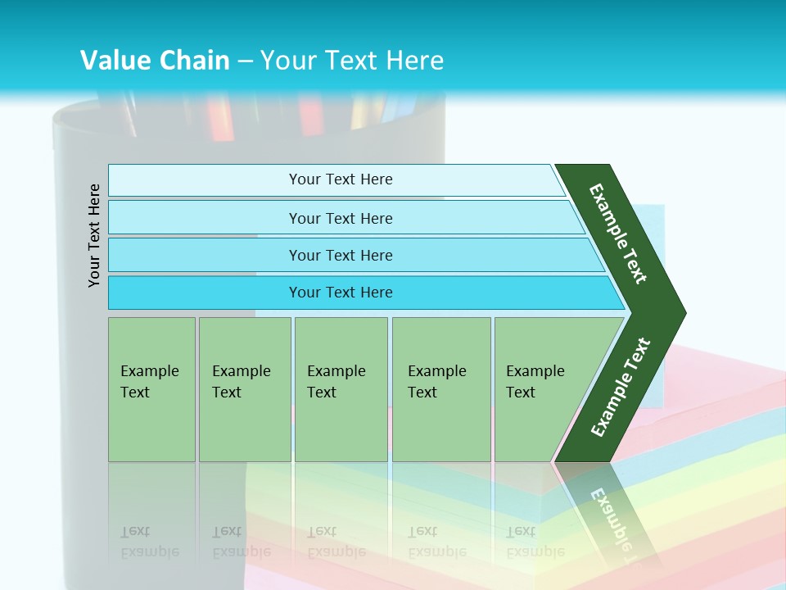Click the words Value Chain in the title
[x=155, y=60]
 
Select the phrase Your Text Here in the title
[x=352, y=60]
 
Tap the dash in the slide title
[x=245, y=61]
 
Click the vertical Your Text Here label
[x=95, y=235]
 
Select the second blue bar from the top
[x=341, y=218]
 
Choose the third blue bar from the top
[x=341, y=255]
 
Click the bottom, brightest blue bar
[x=341, y=293]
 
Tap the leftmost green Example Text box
[x=151, y=388]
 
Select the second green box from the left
[x=245, y=388]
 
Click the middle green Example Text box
[x=341, y=388]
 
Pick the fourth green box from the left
[x=441, y=388]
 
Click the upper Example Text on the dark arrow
[x=618, y=234]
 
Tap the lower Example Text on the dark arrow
[x=621, y=387]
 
